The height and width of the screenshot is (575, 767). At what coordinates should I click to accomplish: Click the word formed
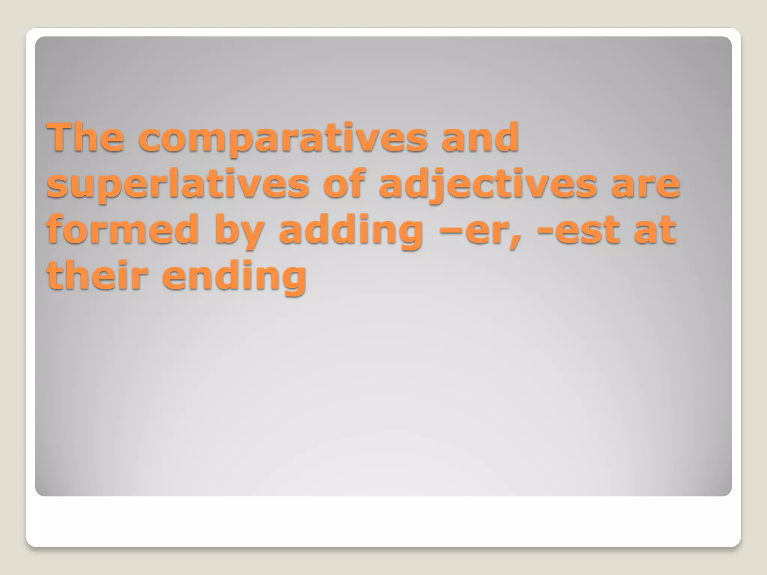pos(123,229)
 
